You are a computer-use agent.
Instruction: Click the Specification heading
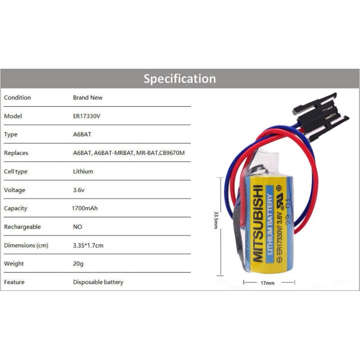180,79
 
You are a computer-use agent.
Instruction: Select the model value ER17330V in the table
86,116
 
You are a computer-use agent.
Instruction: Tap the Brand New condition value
88,98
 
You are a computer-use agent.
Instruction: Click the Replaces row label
16,153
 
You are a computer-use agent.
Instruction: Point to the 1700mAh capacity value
85,208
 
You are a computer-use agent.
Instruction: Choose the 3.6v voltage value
79,190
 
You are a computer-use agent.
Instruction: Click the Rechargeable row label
22,227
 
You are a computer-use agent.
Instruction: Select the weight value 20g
78,264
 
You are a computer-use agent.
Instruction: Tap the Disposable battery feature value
98,282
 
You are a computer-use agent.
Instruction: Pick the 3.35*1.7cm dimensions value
88,245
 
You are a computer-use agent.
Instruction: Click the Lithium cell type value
83,171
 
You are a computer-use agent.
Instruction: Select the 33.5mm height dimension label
216,220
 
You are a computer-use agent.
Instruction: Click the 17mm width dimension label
267,283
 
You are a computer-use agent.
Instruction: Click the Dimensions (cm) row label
26,245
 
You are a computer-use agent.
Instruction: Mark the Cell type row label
16,171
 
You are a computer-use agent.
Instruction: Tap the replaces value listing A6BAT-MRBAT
129,153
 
